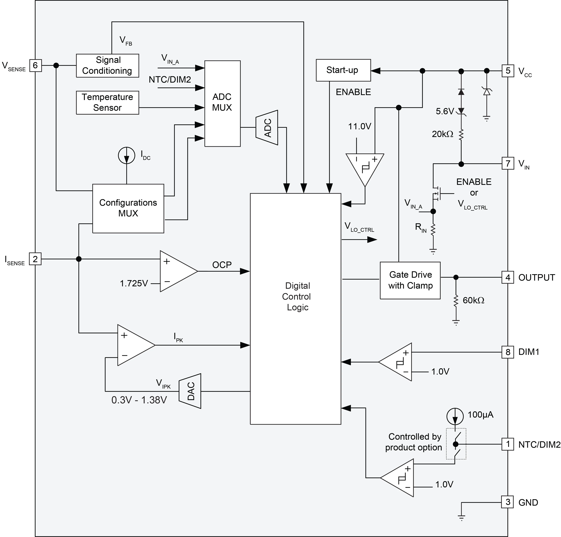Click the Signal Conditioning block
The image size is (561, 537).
point(107,66)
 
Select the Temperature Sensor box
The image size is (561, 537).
point(107,102)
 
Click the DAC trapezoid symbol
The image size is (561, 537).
point(190,391)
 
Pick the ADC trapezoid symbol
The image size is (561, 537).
point(267,128)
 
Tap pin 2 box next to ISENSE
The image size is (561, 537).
point(35,259)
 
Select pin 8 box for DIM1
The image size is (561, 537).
point(508,352)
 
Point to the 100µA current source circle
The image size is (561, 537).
point(455,416)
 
